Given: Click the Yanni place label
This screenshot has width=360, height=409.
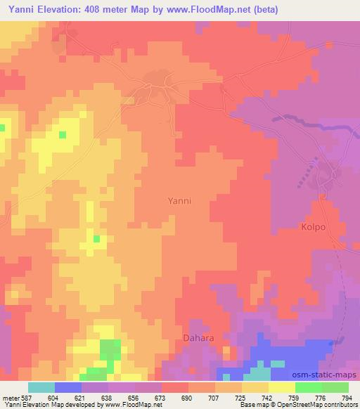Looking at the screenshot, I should pyautogui.click(x=180, y=200).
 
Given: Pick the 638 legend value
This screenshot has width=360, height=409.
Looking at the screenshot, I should pyautogui.click(x=108, y=397).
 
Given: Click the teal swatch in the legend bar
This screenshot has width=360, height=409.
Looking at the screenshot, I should pyautogui.click(x=41, y=387).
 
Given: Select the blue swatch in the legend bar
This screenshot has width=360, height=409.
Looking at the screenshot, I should pyautogui.click(x=68, y=387).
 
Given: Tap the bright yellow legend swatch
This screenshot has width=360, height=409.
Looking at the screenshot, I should pyautogui.click(x=282, y=387).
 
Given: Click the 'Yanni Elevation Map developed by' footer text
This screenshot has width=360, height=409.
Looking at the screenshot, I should pyautogui.click(x=43, y=405).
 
